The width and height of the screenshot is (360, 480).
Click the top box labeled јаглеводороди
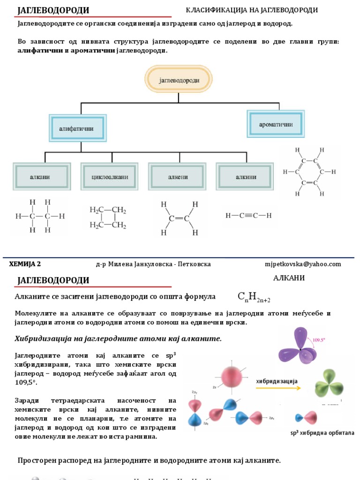coord(179,80)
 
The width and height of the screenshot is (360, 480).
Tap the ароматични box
coord(276,124)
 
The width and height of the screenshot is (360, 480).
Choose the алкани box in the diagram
coord(42,177)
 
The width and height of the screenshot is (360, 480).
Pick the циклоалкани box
coord(109,177)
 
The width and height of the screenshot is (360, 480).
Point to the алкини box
coord(244,177)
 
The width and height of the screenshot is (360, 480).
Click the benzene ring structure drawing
coord(309,172)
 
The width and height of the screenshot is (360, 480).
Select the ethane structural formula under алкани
coord(40,216)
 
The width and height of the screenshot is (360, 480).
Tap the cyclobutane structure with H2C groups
coord(108,217)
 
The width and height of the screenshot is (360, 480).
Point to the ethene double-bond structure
coord(179,218)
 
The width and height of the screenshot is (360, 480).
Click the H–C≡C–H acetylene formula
coord(248,216)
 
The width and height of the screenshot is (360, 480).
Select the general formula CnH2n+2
coord(254,297)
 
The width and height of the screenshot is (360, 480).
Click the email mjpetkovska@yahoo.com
coord(303,264)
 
